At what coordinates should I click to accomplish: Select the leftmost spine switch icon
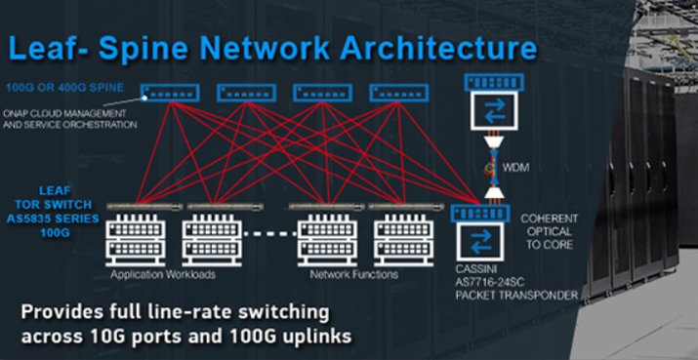[169, 92]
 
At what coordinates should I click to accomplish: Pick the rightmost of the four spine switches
[396, 92]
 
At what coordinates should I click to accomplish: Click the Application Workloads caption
[162, 275]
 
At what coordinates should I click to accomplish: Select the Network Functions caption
[352, 275]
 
